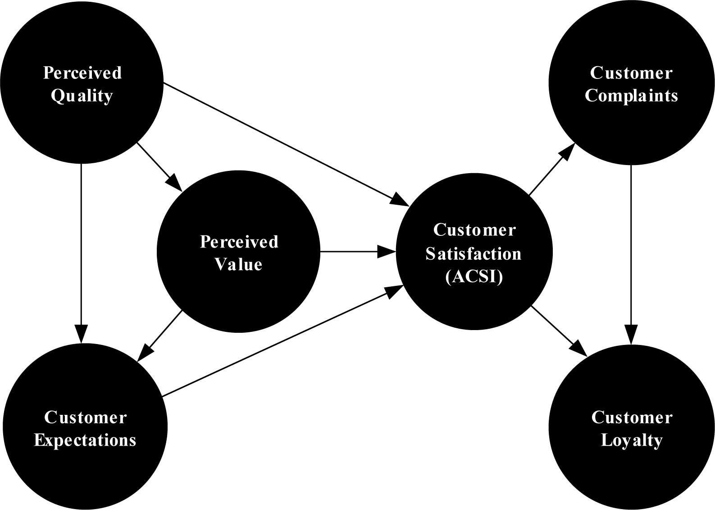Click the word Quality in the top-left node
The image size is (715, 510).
[82, 96]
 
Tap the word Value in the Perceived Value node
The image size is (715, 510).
[238, 264]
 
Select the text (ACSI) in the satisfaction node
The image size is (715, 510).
[474, 277]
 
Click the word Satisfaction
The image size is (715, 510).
[474, 254]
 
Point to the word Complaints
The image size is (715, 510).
[631, 96]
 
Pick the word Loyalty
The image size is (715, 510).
[632, 440]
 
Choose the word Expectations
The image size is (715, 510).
[85, 440]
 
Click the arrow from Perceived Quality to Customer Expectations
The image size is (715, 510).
[81, 253]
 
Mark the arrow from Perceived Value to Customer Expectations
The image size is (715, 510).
[160, 336]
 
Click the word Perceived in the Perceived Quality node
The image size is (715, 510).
[82, 73]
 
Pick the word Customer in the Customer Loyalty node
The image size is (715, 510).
[632, 417]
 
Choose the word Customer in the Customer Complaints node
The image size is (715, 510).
[631, 73]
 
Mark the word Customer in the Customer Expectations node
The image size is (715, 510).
[85, 417]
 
